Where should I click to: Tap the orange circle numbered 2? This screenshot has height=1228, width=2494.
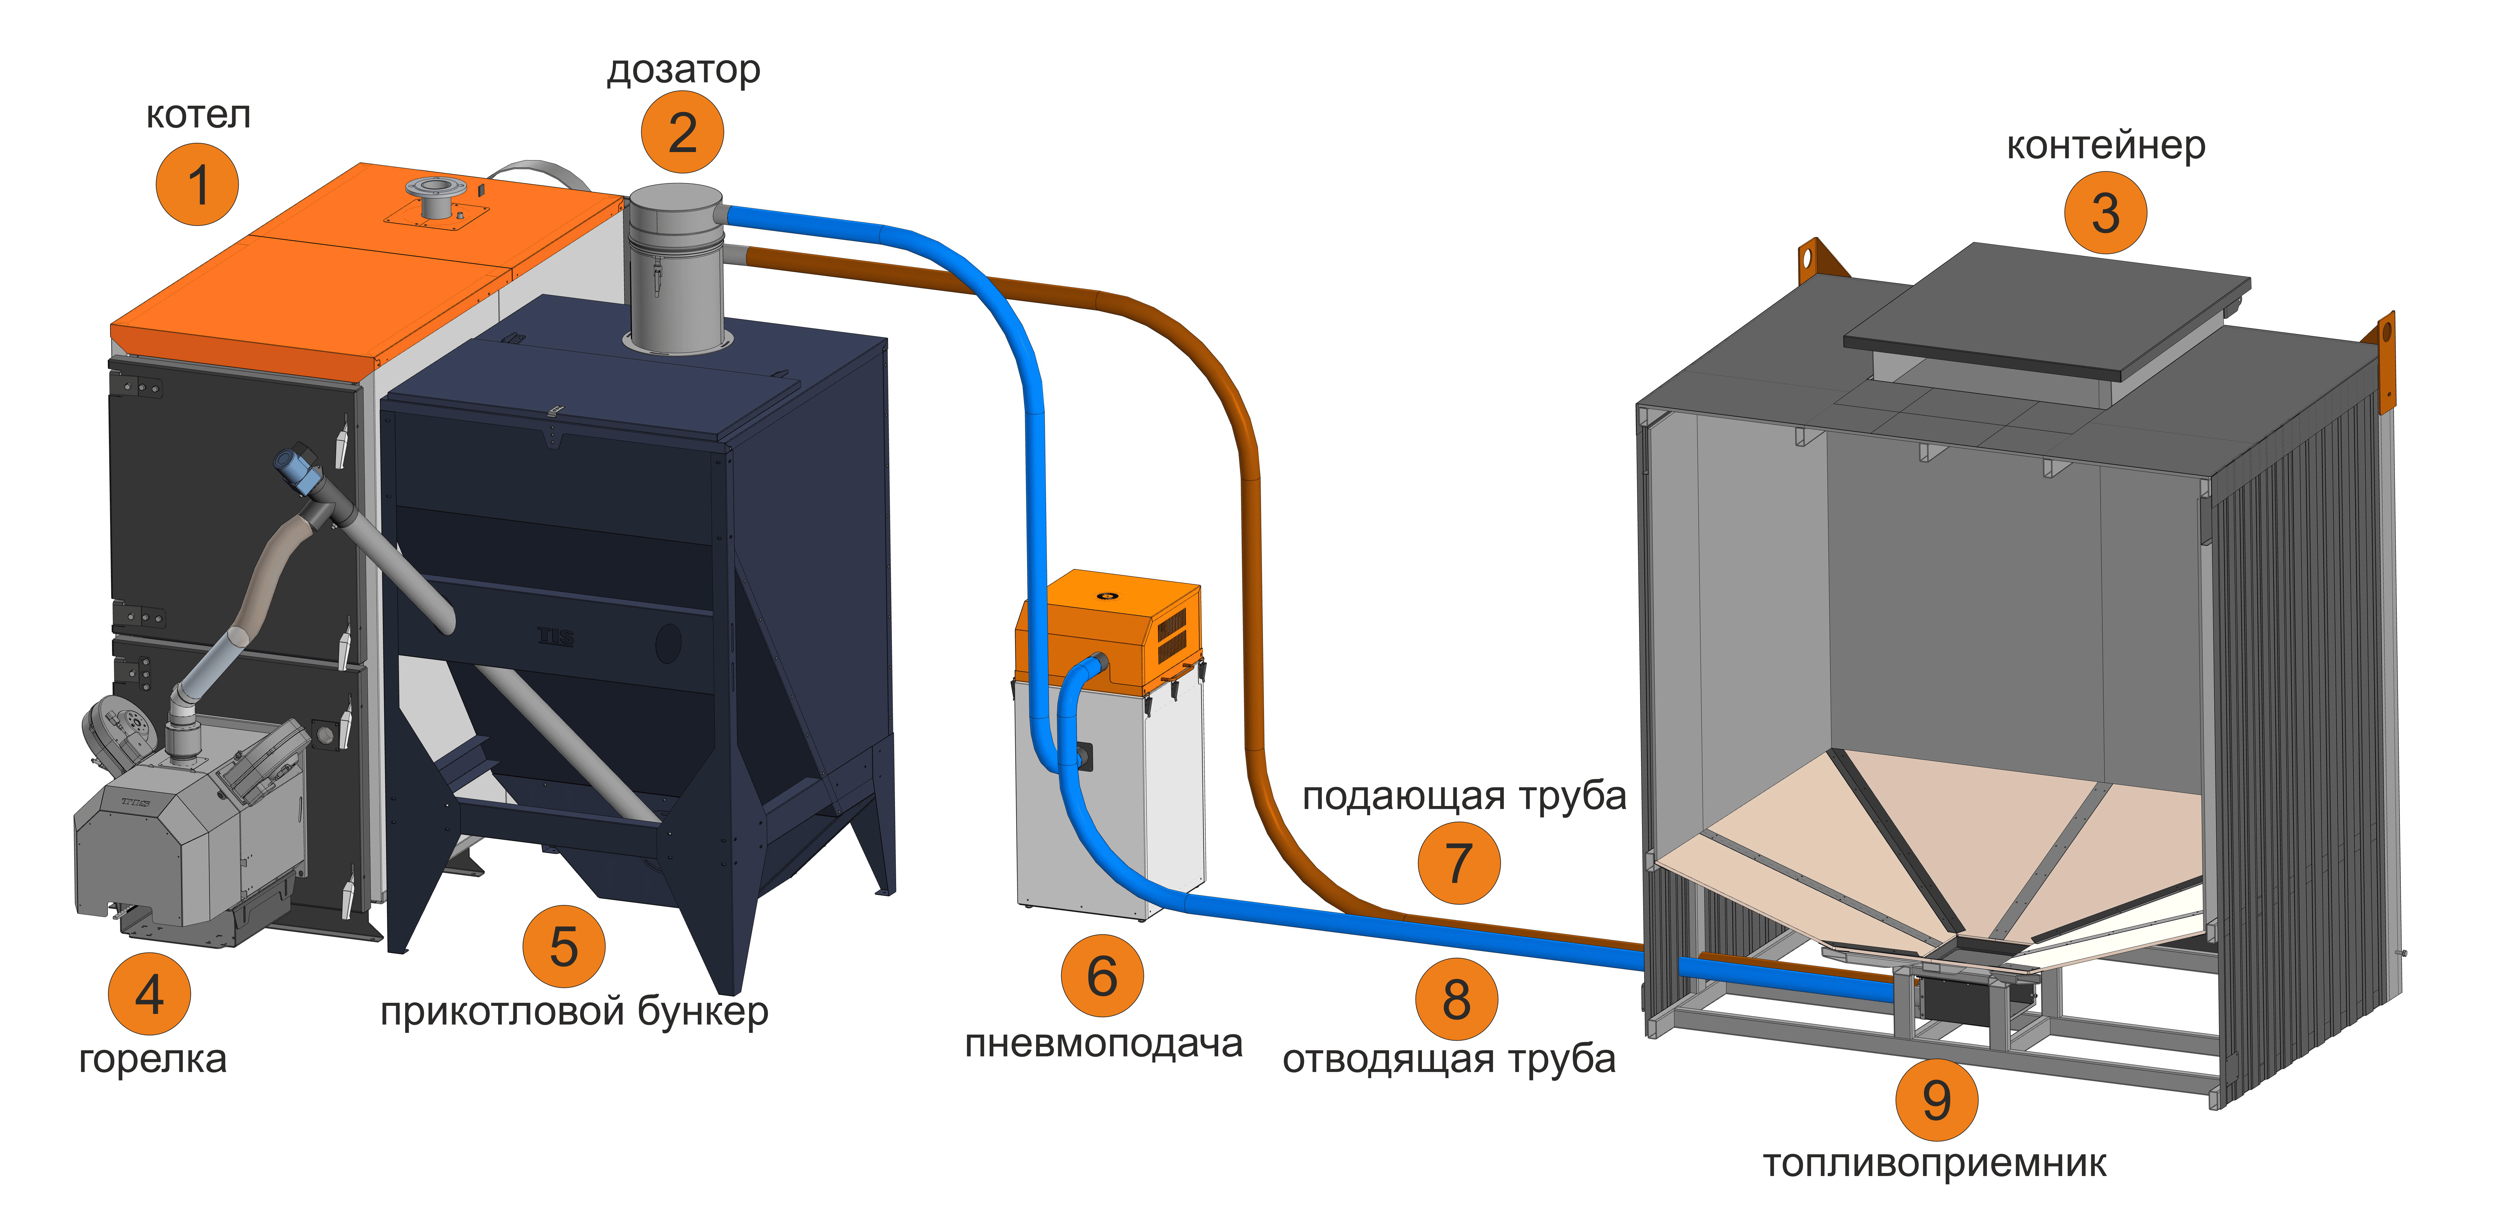tap(683, 133)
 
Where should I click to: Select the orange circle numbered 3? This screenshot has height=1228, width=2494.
tap(2106, 213)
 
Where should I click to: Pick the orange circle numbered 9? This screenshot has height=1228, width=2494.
tap(1936, 1099)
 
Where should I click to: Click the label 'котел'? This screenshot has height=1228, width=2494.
tap(198, 115)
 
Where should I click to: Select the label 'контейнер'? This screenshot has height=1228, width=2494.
tap(2106, 145)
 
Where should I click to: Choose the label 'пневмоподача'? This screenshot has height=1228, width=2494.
tap(1104, 1044)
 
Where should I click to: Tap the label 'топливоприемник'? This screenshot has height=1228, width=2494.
tap(1934, 1163)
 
